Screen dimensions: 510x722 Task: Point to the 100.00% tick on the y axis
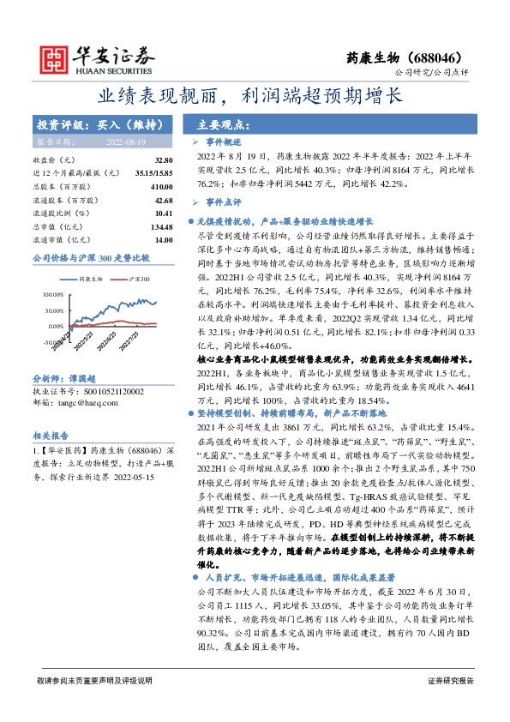pyautogui.click(x=52, y=294)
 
